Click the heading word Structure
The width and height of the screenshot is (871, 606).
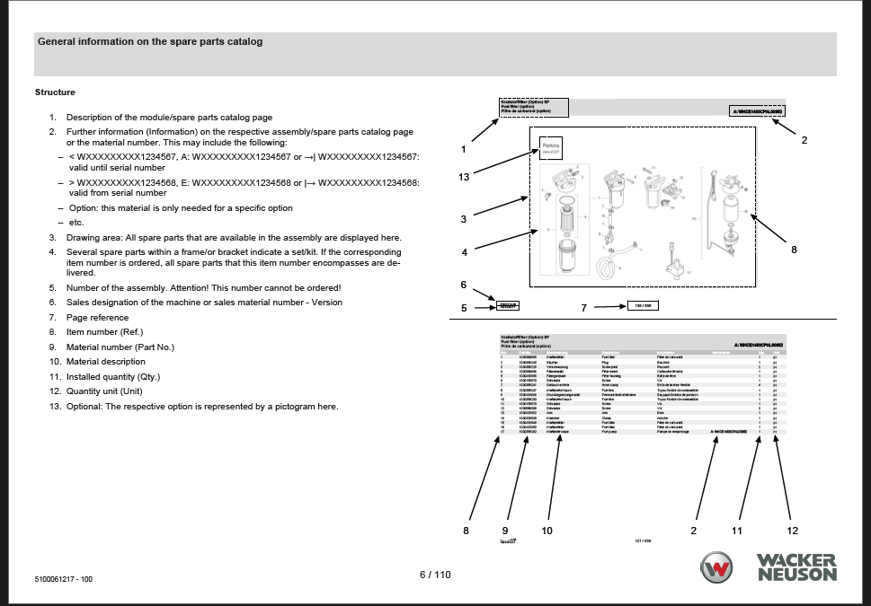[55, 92]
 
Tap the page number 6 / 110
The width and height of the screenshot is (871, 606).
[435, 575]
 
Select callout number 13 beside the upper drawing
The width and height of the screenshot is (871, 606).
[464, 177]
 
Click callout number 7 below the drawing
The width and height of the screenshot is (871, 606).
[583, 308]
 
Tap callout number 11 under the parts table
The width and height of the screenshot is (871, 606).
[737, 531]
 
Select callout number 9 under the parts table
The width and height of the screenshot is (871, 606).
[505, 531]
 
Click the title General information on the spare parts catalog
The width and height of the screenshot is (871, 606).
[150, 41]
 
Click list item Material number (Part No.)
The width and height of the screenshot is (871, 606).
[120, 347]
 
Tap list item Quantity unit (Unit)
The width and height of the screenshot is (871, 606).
[104, 391]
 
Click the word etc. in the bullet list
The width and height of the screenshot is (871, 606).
[76, 223]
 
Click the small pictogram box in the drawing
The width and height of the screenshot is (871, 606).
[550, 149]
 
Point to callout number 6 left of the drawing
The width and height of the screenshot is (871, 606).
[464, 285]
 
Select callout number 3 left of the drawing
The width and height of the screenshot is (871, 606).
[464, 219]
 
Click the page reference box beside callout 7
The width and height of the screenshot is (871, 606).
[643, 305]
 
